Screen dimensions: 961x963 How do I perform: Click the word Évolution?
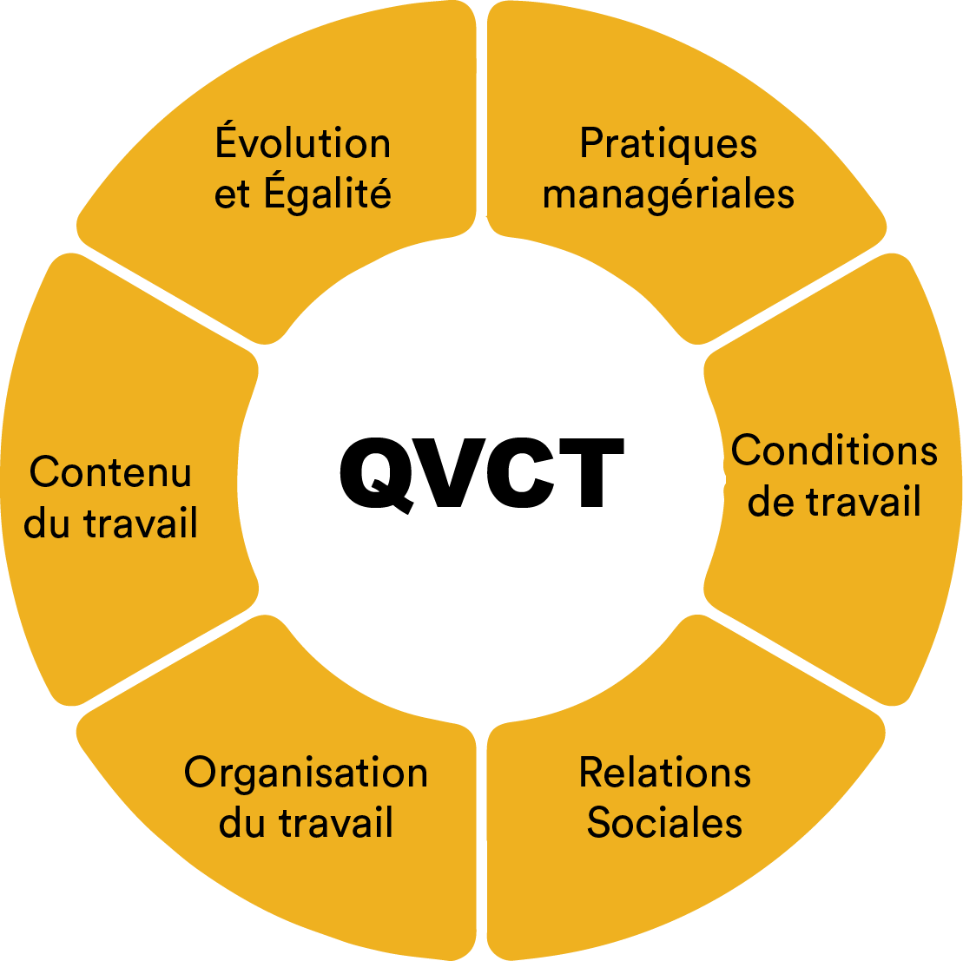(302, 143)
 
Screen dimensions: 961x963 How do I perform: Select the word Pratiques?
(668, 143)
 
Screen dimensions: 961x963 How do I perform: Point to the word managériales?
(668, 194)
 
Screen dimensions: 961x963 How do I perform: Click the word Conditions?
(834, 451)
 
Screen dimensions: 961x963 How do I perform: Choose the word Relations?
(664, 772)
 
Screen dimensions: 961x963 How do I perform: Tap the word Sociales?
(664, 822)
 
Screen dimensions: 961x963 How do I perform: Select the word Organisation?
(306, 773)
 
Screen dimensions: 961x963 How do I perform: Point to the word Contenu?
(110, 472)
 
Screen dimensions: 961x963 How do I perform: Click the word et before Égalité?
(232, 194)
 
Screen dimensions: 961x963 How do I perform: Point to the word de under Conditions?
(769, 502)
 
